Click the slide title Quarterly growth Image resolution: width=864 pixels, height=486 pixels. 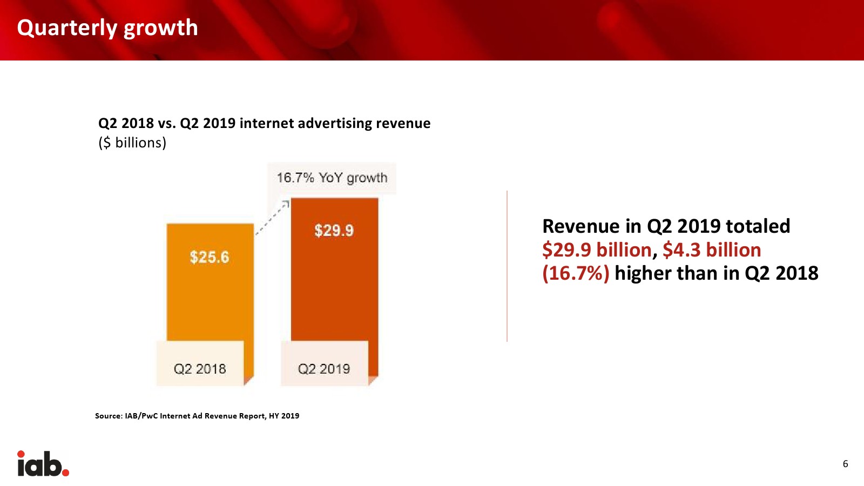[107, 28]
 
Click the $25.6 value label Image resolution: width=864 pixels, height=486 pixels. [210, 257]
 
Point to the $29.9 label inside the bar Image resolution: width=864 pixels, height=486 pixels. [334, 231]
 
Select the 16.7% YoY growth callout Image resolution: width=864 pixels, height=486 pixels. [332, 178]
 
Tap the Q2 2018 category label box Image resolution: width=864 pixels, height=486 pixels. [200, 369]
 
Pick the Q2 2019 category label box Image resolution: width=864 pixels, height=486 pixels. [324, 369]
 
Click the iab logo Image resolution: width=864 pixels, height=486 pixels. [43, 464]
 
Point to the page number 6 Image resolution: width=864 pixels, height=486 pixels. [845, 464]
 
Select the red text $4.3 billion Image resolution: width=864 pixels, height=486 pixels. [712, 250]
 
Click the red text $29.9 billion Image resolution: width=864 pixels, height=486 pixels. [597, 250]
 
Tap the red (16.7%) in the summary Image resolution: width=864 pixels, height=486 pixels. [576, 273]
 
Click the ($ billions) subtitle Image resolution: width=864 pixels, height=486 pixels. [132, 143]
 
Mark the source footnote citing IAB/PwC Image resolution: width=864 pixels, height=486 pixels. [197, 416]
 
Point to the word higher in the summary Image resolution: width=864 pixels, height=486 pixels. [643, 273]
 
